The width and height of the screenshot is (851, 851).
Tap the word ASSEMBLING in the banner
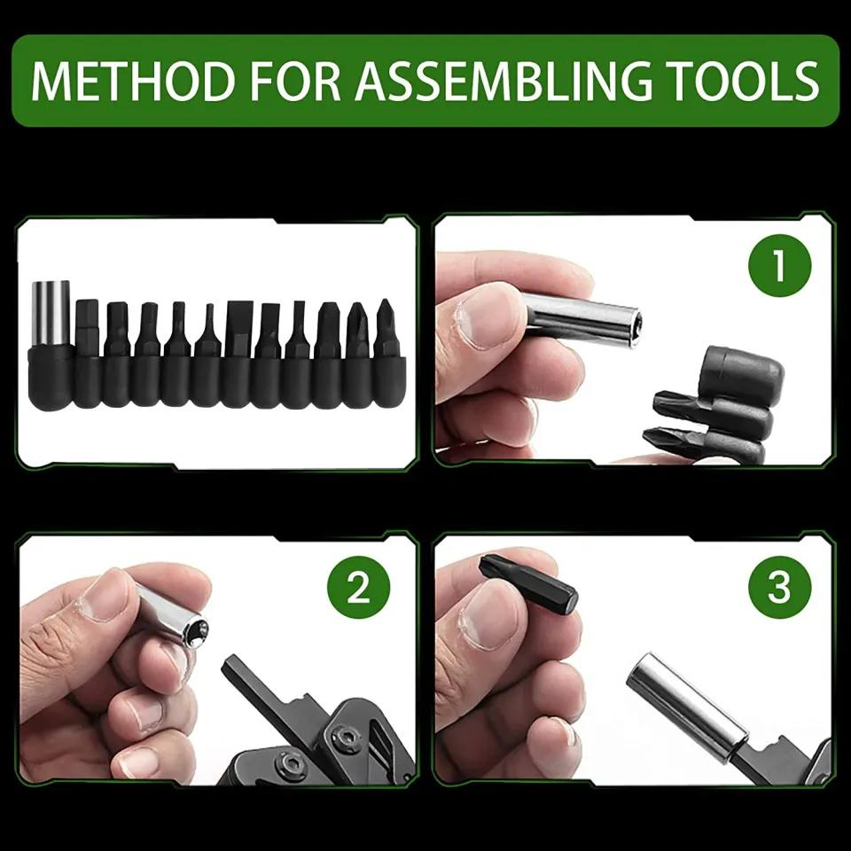pos(504,81)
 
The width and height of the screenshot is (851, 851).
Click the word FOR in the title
pos(293,81)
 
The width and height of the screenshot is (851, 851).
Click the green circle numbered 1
pos(780,266)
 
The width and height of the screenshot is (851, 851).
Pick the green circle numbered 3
pos(780,587)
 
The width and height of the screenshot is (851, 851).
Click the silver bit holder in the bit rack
pos(51,313)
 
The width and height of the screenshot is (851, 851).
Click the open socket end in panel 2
pos(197,631)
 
